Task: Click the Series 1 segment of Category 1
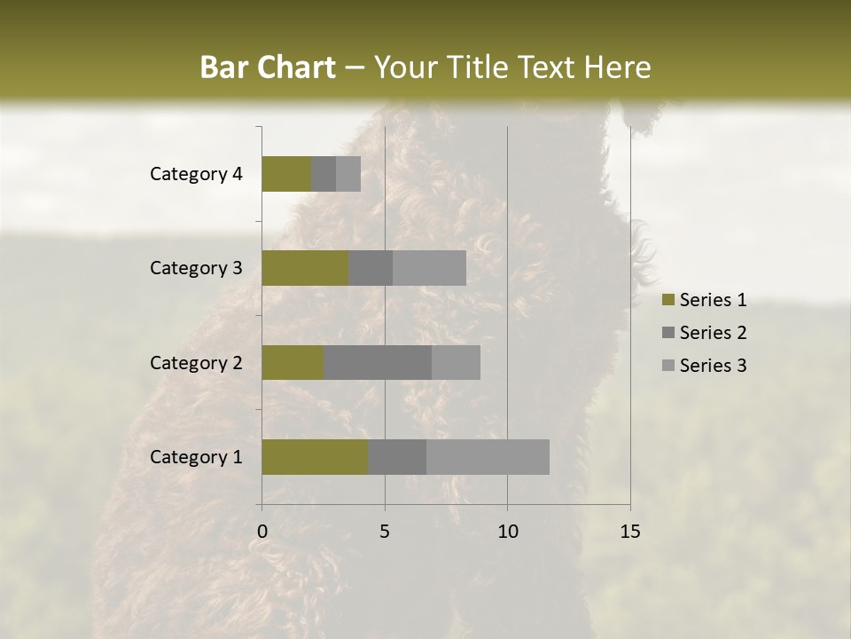(315, 457)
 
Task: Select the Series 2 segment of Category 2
(378, 362)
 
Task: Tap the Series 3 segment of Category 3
(429, 268)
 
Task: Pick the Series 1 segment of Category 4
(286, 174)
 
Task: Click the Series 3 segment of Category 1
(488, 457)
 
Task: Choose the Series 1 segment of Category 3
(305, 268)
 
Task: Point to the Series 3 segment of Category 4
(348, 174)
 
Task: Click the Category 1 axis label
(196, 457)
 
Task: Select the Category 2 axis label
(196, 362)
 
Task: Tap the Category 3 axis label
(196, 268)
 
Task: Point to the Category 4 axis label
(196, 174)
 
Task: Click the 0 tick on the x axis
(262, 532)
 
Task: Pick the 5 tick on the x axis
(385, 532)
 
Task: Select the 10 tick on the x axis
(507, 532)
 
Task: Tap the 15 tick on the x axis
(629, 532)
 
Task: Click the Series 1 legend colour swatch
(668, 300)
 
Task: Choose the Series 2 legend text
(713, 333)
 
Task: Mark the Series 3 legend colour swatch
(668, 366)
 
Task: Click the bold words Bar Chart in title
(268, 67)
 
